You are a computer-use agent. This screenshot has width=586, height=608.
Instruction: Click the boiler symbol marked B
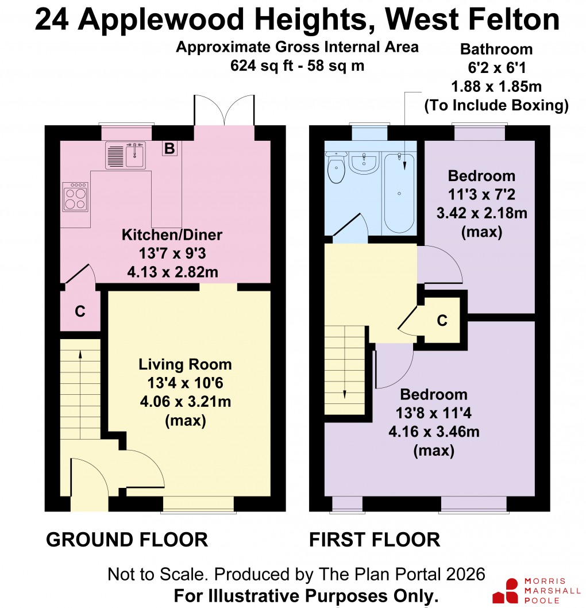(169, 149)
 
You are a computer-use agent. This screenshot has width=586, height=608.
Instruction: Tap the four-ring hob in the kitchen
(75, 197)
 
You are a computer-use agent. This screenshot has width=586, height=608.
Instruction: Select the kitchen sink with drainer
(125, 155)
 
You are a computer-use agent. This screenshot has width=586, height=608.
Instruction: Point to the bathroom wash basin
(363, 162)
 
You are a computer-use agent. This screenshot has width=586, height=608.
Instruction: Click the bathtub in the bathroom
(399, 193)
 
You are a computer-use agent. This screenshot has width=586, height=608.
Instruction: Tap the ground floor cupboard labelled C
(80, 311)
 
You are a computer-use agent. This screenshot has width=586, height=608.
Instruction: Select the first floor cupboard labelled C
(441, 321)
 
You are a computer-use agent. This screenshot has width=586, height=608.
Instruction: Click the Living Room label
(185, 364)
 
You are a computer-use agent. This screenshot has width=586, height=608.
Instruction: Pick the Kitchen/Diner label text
(172, 234)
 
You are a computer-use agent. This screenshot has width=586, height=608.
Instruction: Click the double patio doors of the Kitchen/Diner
(223, 109)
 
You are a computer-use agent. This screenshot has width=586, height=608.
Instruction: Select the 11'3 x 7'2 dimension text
(481, 195)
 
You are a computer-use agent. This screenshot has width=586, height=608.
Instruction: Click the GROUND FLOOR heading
(127, 540)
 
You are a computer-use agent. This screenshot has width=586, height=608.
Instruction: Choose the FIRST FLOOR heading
(375, 540)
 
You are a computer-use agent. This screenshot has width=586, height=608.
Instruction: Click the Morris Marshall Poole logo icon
(508, 591)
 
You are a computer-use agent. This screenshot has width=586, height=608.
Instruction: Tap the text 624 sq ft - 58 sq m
(297, 66)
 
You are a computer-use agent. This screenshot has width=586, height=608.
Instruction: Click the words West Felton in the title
(472, 20)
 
